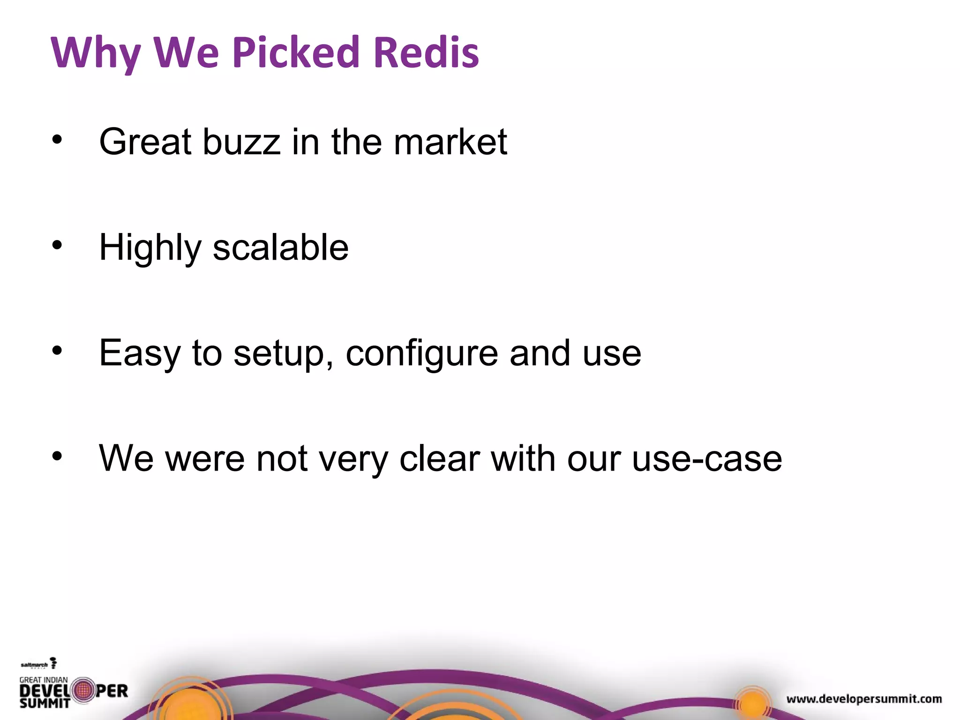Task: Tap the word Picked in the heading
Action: click(x=295, y=52)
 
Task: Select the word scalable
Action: click(x=280, y=247)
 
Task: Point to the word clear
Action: click(x=440, y=458)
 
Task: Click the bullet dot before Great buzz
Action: click(x=57, y=140)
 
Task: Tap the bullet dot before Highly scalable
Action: click(x=57, y=245)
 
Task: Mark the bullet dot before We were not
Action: click(x=57, y=456)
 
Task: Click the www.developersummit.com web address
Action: click(x=864, y=699)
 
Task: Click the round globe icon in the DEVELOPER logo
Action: click(x=83, y=690)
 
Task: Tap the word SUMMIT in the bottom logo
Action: click(x=45, y=703)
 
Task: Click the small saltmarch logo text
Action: click(x=34, y=665)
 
